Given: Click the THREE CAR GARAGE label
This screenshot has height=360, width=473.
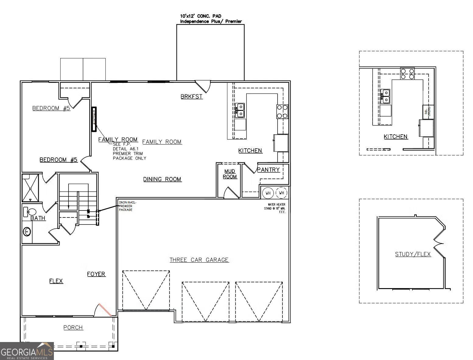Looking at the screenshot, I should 199,260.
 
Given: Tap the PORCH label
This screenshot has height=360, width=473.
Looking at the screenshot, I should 73,327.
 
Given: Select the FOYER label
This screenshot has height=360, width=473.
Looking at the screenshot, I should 96,274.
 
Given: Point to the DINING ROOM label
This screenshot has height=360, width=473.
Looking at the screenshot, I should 162,179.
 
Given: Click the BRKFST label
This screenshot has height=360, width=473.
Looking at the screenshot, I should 191,97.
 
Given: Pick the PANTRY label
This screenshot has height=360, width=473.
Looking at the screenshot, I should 268,170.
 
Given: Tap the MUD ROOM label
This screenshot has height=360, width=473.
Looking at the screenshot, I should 230,174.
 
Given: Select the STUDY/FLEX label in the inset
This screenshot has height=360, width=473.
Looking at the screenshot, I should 413,254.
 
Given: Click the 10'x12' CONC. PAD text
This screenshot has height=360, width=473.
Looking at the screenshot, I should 201,16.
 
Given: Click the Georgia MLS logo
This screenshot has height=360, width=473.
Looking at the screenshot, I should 27,351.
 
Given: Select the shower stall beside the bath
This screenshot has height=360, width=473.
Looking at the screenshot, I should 30,188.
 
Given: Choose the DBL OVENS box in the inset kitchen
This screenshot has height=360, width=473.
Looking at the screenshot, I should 428,111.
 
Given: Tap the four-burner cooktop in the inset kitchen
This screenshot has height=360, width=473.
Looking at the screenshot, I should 407,74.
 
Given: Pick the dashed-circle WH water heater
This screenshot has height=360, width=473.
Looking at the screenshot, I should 282,193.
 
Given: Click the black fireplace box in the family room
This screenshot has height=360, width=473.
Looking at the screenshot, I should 94,119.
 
